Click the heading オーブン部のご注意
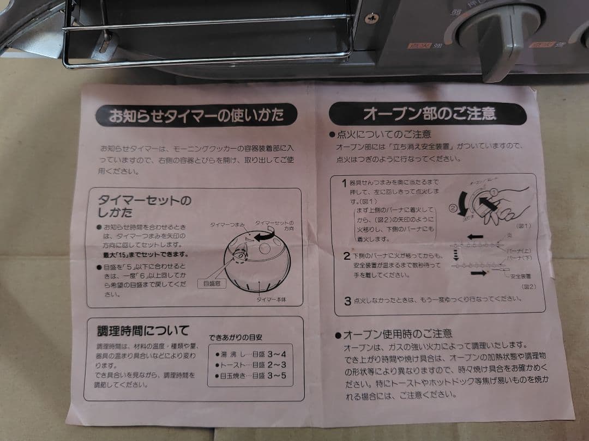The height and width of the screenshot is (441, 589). point(429,114)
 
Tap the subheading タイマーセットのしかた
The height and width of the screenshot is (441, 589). point(144,206)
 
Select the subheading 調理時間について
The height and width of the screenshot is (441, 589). point(143,330)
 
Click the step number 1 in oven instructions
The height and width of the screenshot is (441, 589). point(344,182)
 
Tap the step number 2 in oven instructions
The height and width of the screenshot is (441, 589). point(346,256)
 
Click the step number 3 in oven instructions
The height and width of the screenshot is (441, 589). point(347,301)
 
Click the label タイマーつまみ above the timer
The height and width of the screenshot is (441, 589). point(228,225)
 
